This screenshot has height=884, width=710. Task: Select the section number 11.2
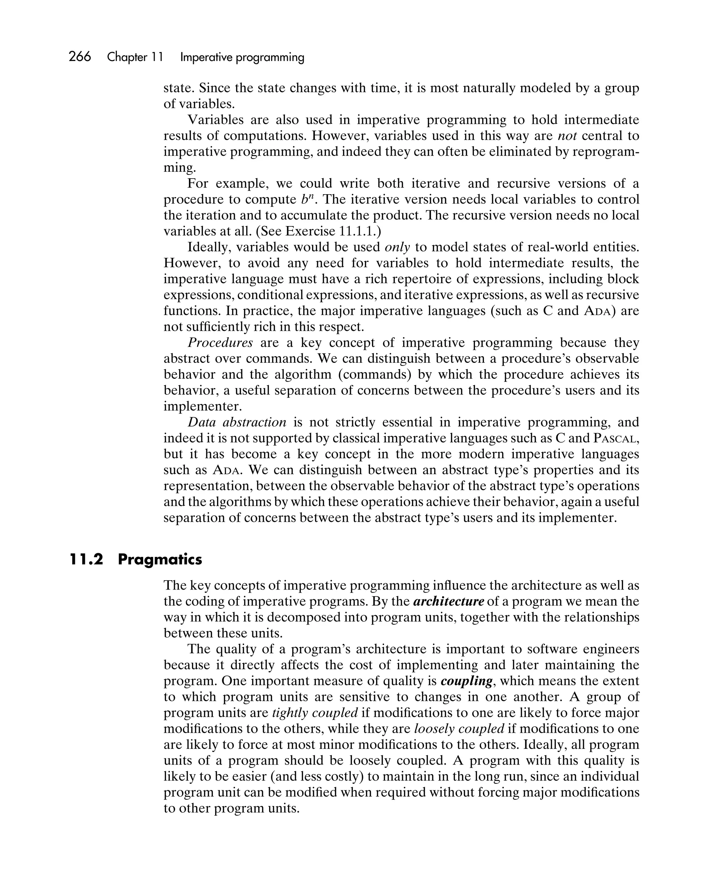[86, 559]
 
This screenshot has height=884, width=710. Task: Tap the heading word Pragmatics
[160, 559]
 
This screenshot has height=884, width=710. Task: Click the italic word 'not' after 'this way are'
[568, 136]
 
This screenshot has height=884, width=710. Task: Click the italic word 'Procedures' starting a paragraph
[220, 343]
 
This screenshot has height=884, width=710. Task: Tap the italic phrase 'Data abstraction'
[237, 422]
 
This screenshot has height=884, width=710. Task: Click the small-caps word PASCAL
[615, 438]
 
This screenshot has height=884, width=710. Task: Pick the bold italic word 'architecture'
[449, 601]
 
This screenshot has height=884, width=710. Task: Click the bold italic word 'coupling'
[466, 681]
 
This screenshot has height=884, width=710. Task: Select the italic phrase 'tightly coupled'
[315, 713]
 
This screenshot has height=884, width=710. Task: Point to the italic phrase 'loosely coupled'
[459, 729]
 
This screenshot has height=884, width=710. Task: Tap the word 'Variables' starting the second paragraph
[214, 120]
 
